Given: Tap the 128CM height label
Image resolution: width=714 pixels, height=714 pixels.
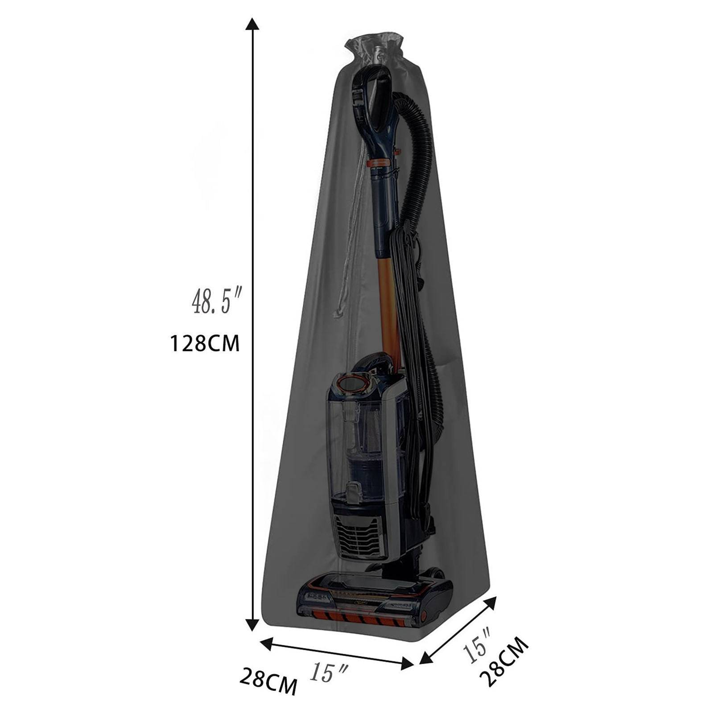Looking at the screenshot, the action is pos(205,344).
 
